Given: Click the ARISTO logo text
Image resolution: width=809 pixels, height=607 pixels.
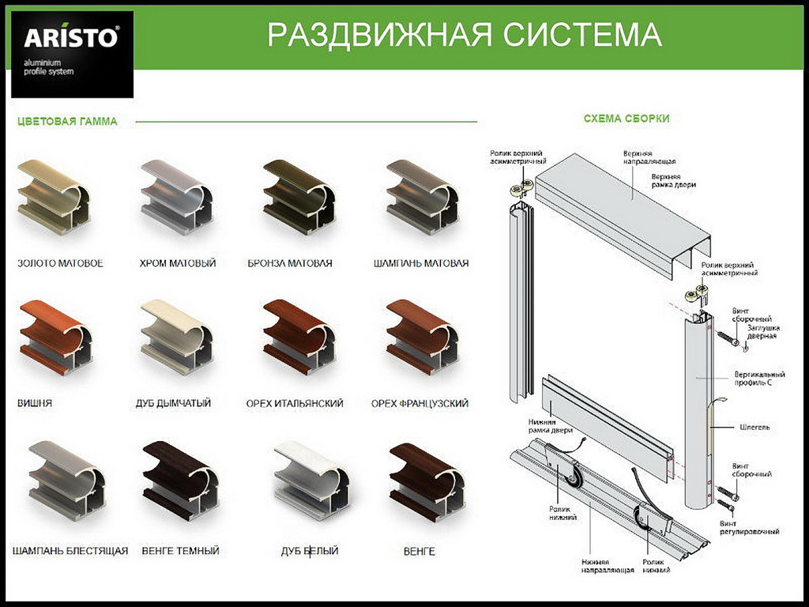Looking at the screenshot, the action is [71, 37].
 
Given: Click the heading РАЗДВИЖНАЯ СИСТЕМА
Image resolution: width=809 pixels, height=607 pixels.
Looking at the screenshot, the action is [465, 35].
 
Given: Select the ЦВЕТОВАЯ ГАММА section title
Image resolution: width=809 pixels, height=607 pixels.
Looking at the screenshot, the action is [68, 122].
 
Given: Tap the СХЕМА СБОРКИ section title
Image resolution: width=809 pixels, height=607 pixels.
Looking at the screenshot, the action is [627, 119].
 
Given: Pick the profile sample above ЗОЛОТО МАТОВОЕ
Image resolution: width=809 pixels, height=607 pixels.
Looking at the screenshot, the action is [54, 197].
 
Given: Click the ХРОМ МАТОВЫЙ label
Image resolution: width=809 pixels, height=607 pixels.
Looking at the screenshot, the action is [178, 263].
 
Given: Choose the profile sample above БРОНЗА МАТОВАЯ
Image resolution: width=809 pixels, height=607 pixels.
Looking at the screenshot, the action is [299, 197].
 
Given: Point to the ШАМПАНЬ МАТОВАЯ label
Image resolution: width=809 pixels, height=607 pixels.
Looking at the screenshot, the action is [421, 263].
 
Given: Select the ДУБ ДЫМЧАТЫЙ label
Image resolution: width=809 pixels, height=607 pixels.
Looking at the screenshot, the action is [173, 403].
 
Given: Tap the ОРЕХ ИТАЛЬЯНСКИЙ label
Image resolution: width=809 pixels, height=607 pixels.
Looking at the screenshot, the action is [295, 404].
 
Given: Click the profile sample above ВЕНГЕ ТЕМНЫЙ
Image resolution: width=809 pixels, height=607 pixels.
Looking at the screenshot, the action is [181, 481].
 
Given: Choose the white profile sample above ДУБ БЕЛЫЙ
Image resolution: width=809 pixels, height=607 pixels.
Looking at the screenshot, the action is [311, 481].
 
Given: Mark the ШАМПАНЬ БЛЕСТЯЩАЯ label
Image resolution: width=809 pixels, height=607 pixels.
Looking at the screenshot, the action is [70, 551].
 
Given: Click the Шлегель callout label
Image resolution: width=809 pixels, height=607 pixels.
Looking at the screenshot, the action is [754, 428].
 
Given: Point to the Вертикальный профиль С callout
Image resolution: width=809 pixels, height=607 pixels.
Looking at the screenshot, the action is [759, 379].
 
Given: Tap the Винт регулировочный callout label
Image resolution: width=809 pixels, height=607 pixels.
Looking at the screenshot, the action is [749, 527].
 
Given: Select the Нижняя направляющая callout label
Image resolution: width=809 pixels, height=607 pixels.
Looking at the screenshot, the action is [608, 566].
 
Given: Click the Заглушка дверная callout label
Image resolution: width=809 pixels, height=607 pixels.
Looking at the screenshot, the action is [763, 332].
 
